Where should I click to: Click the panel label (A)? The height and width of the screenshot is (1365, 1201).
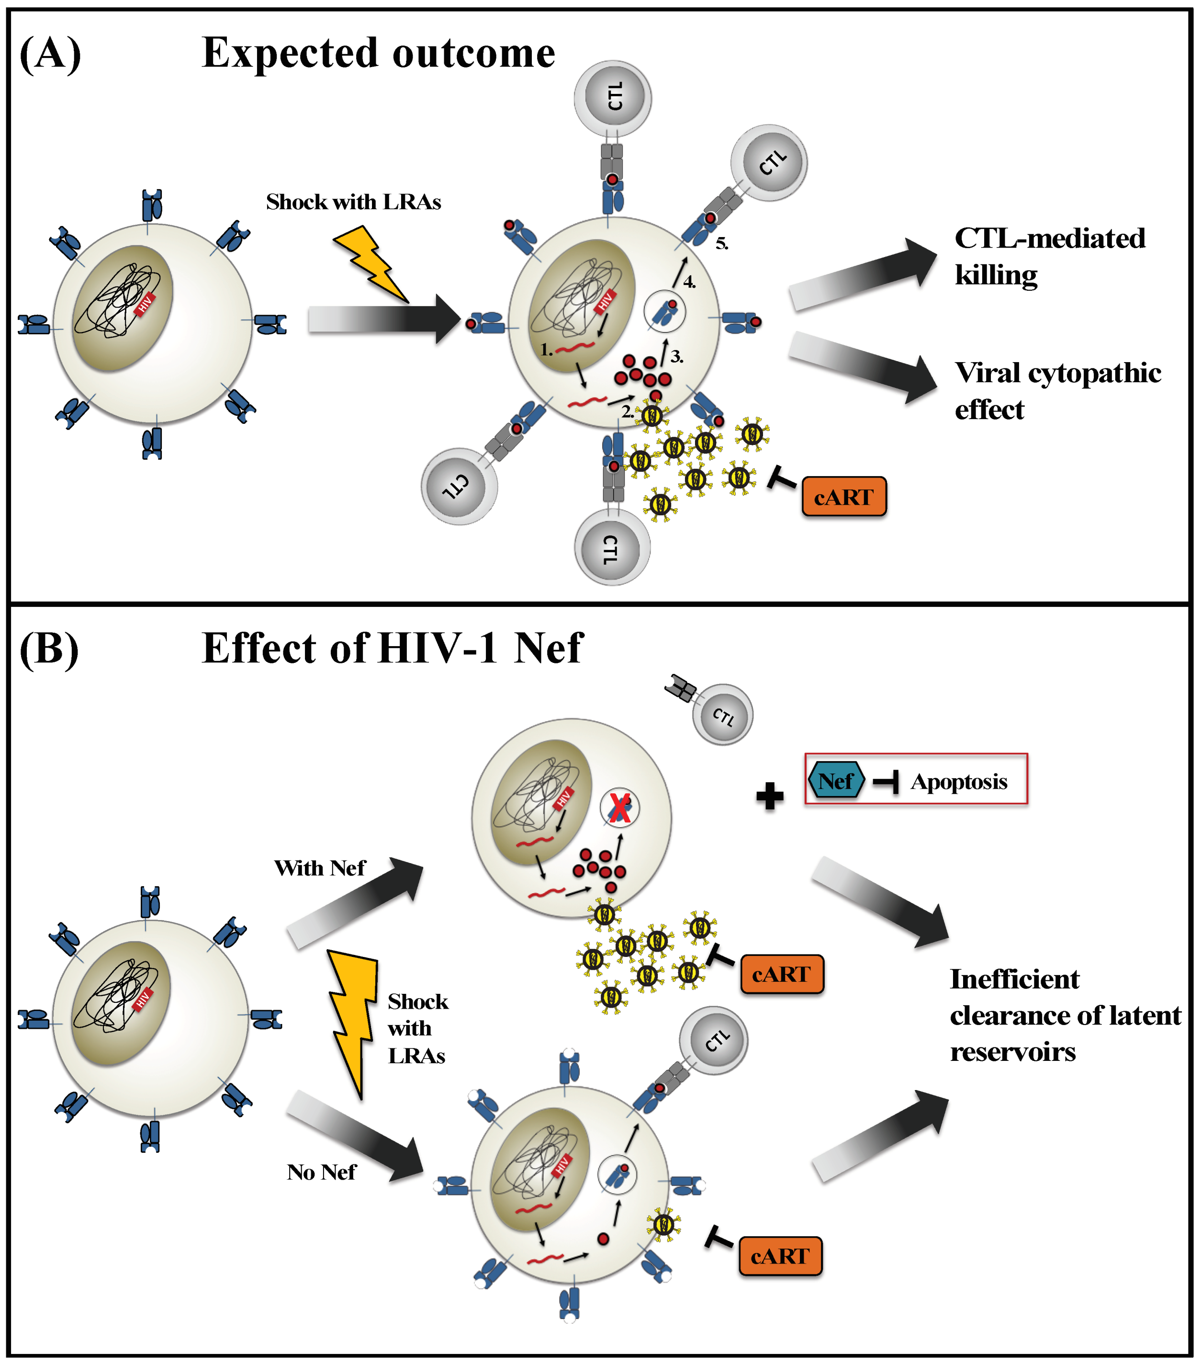[x=50, y=54]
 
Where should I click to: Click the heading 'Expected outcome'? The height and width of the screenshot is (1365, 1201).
[x=378, y=54]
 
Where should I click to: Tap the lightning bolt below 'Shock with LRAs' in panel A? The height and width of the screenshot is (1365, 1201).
[x=370, y=264]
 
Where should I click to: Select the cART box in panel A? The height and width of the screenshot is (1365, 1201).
[x=844, y=497]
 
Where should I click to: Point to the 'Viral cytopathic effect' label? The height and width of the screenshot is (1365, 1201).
[x=1057, y=391]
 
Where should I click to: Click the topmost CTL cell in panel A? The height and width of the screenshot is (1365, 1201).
[x=613, y=98]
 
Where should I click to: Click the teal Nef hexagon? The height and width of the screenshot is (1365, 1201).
[x=836, y=781]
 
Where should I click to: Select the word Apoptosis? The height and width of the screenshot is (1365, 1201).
[x=959, y=781]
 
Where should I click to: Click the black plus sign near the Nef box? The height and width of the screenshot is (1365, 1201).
[x=770, y=796]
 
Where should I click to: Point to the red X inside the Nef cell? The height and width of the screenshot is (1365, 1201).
[x=619, y=808]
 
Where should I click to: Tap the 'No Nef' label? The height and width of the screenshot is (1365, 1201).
[x=321, y=1172]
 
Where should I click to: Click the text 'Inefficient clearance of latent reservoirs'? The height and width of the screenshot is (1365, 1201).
[x=1064, y=1015]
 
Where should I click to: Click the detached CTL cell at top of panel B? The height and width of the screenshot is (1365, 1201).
[x=722, y=715]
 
